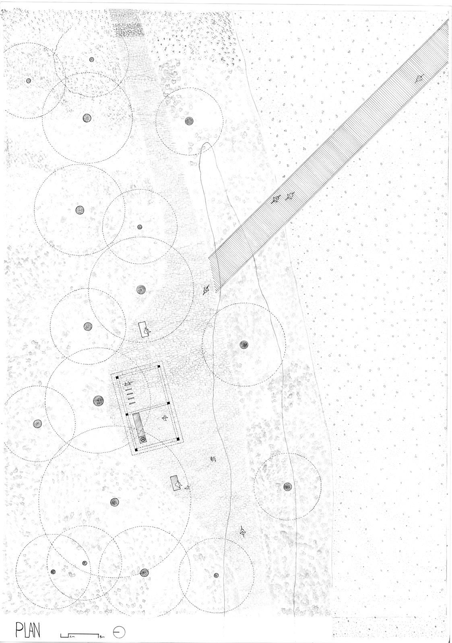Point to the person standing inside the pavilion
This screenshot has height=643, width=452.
click(164, 419)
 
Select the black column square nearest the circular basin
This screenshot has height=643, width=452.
click(136, 449)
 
